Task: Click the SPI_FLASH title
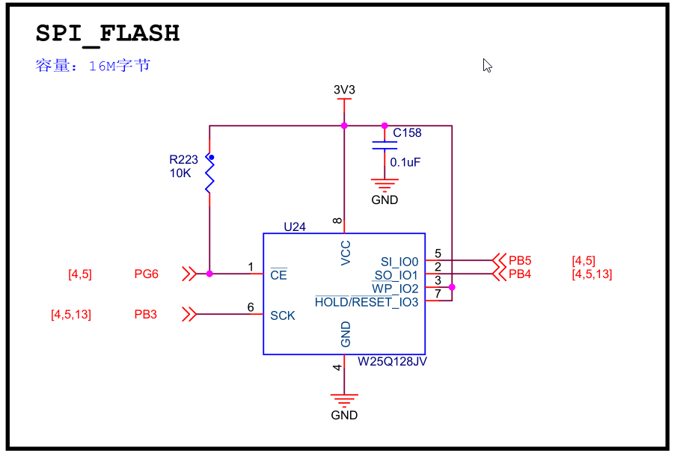[x=108, y=34]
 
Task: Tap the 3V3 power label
[x=344, y=90]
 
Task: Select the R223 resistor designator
[x=183, y=159]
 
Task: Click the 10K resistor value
[x=180, y=173]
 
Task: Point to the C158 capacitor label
[x=407, y=133]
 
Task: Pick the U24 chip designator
[x=295, y=227]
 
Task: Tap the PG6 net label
[x=147, y=274]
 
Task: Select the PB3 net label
[x=146, y=315]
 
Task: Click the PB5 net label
[x=520, y=261]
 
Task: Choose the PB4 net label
[x=520, y=274]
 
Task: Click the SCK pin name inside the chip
[x=283, y=316]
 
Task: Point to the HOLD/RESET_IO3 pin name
[x=367, y=302]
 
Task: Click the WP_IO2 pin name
[x=396, y=289]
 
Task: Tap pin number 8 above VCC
[x=337, y=221]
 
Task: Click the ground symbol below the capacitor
[x=385, y=185]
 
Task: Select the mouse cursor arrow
[x=487, y=65]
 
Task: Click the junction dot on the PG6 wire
[x=209, y=274]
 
